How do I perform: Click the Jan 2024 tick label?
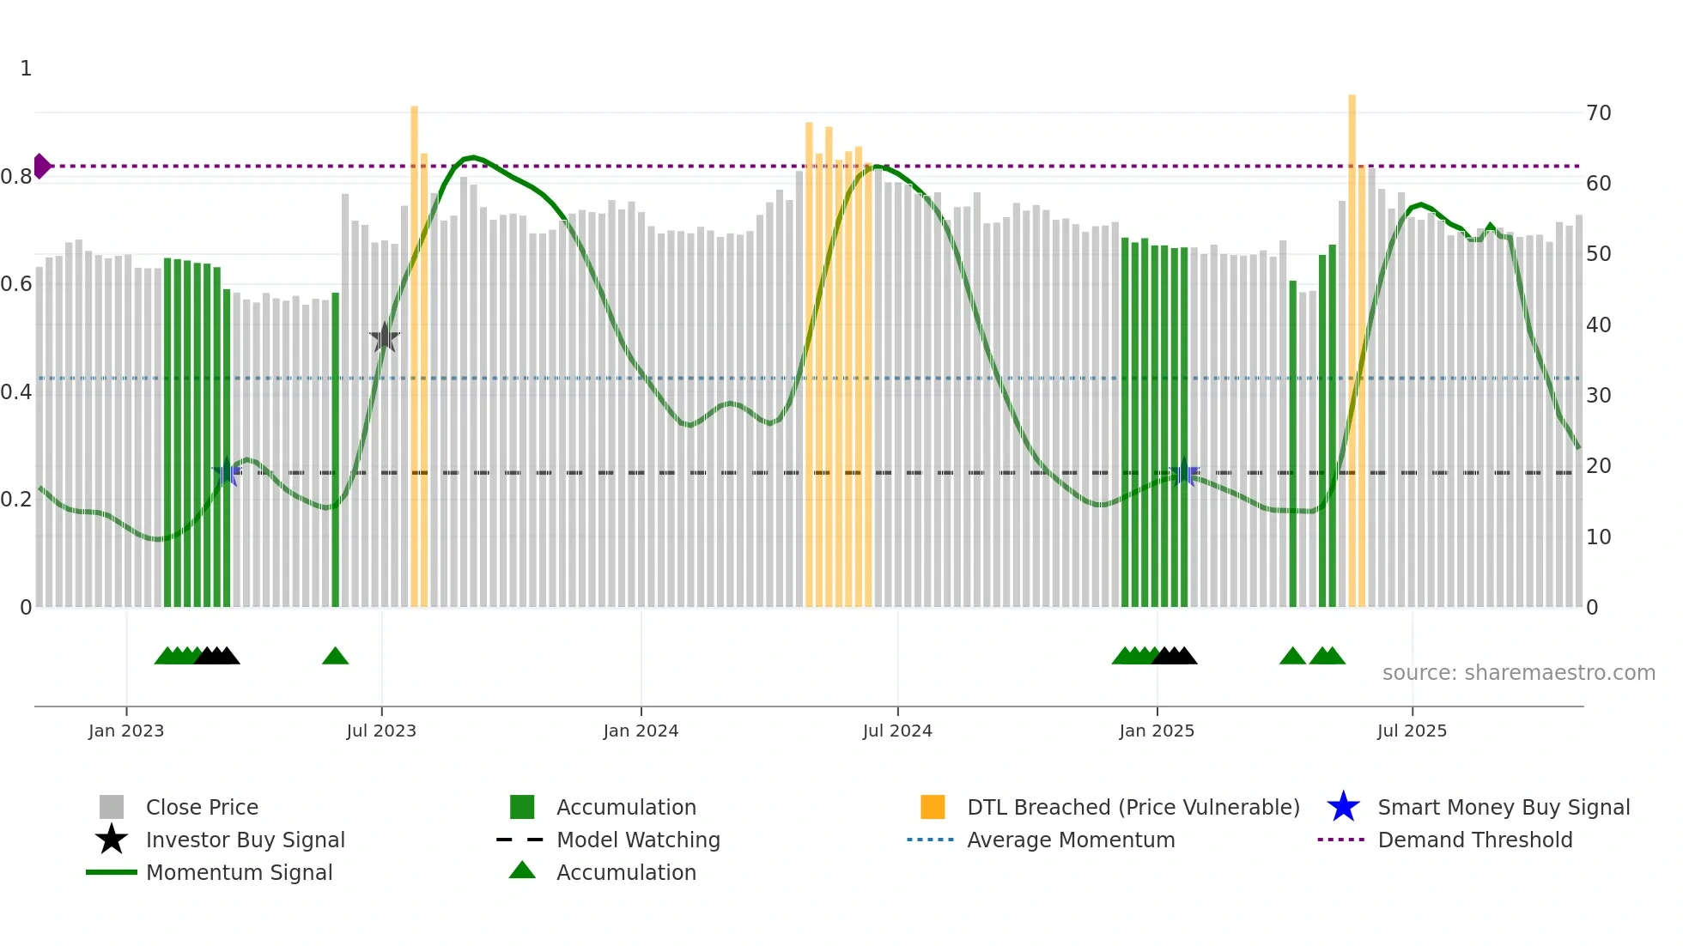point(641,731)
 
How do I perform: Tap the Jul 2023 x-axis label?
point(381,731)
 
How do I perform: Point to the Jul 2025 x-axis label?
point(1412,731)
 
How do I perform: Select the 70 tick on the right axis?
point(1598,113)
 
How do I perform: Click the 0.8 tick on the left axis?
point(16,177)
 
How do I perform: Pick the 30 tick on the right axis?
point(1598,396)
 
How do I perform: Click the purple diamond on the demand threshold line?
point(41,166)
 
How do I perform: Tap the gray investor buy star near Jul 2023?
point(385,337)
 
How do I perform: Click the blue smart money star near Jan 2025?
point(1184,472)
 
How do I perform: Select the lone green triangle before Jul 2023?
point(335,657)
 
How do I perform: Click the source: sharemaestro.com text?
point(1518,673)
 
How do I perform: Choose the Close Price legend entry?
point(202,807)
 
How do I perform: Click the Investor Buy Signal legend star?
point(112,840)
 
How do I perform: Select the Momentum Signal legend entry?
point(239,872)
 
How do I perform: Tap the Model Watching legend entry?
point(638,840)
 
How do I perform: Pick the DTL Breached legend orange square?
point(933,807)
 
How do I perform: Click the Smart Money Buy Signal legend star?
point(1343,807)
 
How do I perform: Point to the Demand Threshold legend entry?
point(1474,840)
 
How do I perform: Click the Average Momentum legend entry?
point(1071,840)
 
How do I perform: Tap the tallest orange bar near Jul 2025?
point(1352,343)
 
